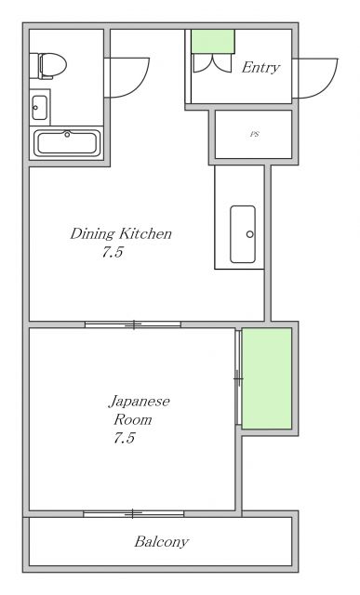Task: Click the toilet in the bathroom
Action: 52,64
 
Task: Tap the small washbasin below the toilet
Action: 39,107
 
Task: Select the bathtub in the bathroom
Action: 67,143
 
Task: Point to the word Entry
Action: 260,68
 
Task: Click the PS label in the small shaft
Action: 254,135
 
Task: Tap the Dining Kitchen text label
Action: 121,233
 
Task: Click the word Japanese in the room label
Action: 139,402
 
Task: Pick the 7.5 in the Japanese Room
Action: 124,438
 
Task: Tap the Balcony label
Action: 161,541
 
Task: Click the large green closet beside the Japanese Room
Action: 267,377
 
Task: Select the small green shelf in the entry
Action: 212,41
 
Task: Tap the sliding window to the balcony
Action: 134,512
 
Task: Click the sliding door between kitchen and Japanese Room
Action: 133,324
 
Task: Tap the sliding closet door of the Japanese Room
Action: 238,377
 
